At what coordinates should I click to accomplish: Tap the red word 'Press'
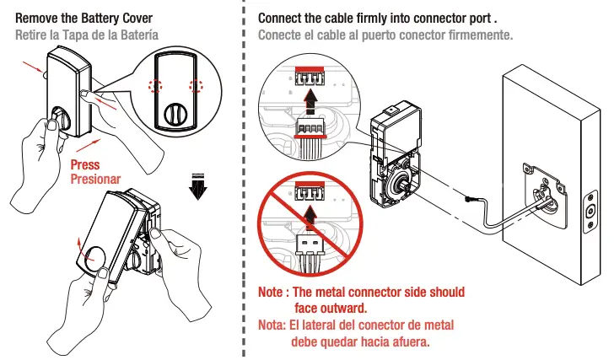click(85, 165)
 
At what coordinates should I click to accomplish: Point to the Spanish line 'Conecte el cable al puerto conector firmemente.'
click(385, 35)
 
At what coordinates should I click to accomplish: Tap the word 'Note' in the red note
click(272, 292)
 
